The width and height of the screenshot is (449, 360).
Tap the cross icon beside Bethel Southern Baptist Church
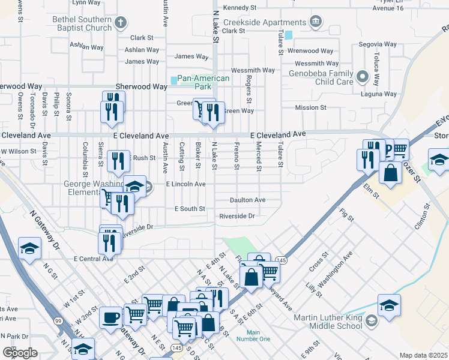click(120, 23)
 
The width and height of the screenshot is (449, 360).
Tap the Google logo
click(20, 352)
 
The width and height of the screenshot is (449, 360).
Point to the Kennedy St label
click(243, 8)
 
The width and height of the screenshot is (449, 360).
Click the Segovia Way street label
click(378, 44)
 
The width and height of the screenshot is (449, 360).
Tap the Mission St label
click(310, 107)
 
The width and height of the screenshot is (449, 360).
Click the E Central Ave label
click(93, 259)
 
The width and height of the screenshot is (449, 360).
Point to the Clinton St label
click(423, 216)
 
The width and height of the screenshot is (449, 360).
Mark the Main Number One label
click(253, 335)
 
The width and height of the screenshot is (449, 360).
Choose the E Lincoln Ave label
click(186, 184)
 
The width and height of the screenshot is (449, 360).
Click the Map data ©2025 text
click(423, 355)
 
